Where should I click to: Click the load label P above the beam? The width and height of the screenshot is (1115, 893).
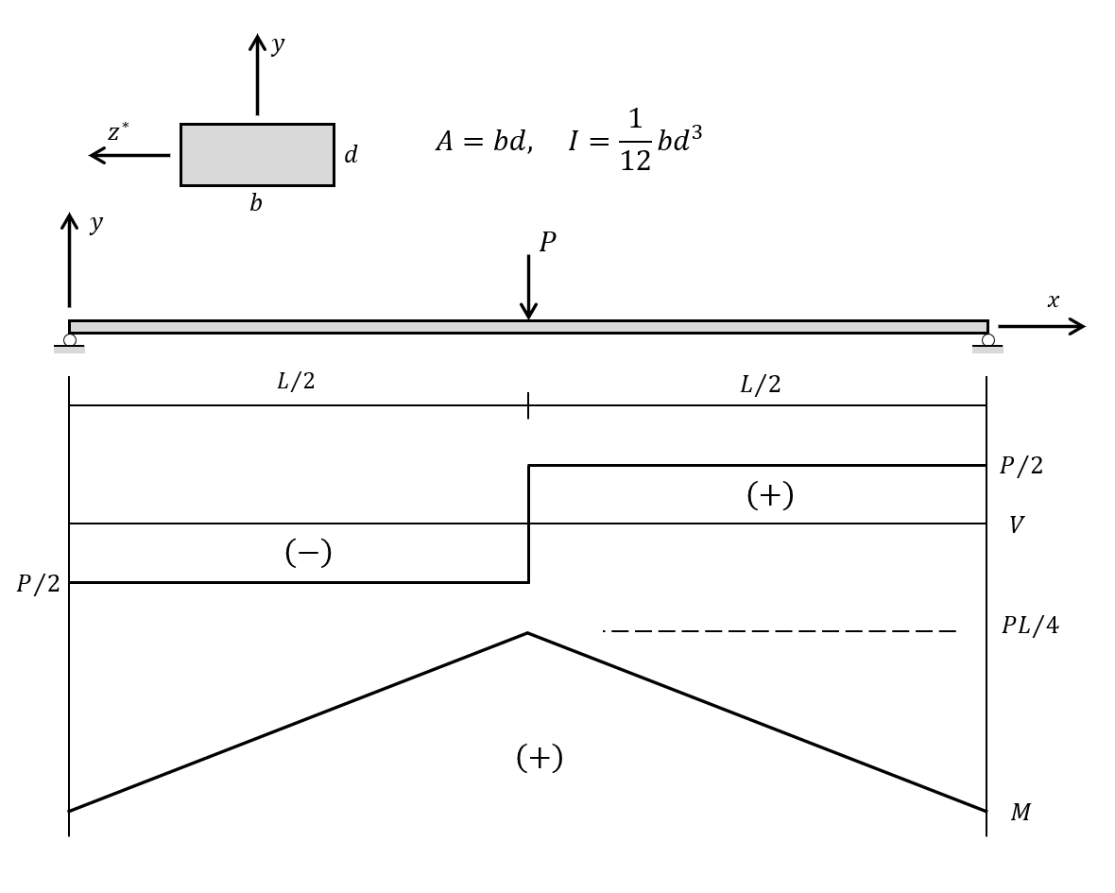547,243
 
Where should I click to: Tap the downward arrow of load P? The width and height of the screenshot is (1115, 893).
528,288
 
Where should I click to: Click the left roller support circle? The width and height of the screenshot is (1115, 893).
70,340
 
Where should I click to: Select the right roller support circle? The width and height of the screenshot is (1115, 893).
987,340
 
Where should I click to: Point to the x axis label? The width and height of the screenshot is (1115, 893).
1053,301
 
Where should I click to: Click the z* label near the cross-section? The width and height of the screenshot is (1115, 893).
117,132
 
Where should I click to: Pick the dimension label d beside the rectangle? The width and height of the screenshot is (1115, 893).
351,155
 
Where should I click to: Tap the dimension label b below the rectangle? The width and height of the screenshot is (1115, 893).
256,204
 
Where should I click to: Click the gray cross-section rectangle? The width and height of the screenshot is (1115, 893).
257,155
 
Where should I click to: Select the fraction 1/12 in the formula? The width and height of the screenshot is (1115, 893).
635,140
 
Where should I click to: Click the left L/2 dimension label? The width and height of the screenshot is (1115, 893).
296,382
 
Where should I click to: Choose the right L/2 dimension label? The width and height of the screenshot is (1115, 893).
760,386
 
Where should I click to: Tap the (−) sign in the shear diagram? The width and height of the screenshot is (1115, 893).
308,553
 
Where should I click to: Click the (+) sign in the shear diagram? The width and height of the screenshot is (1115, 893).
769,495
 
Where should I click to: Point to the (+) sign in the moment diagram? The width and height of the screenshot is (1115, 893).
539,758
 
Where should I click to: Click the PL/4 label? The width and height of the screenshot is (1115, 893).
1030,627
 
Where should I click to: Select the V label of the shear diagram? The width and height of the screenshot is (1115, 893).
1016,525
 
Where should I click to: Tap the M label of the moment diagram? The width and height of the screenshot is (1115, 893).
1021,813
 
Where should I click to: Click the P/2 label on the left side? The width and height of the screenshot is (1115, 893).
38,585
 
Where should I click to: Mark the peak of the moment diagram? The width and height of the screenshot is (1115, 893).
527,633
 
